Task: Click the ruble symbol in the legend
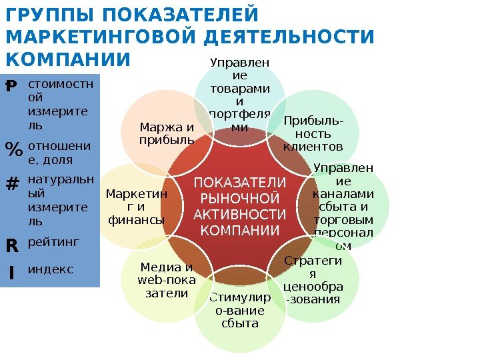click(11, 87)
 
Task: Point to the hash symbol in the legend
click(11, 183)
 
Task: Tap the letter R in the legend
click(11, 245)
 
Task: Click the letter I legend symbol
click(11, 273)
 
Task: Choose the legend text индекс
click(51, 270)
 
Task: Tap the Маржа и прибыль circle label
click(167, 133)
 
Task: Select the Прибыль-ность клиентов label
click(312, 133)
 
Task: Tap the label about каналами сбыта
click(343, 207)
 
